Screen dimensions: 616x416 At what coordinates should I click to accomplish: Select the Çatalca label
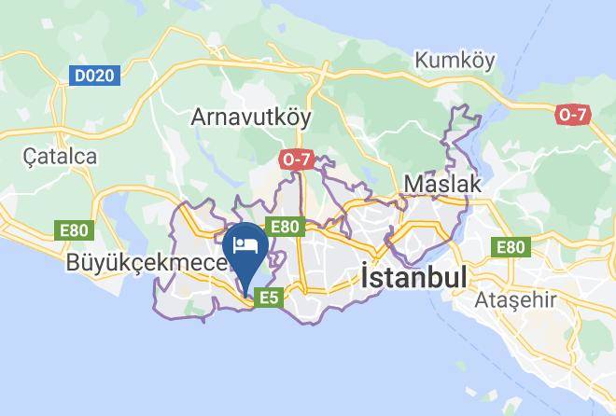pyautogui.click(x=61, y=156)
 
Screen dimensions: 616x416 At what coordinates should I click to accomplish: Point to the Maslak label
pyautogui.click(x=444, y=185)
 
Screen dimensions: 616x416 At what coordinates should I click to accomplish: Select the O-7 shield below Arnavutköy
pyautogui.click(x=295, y=159)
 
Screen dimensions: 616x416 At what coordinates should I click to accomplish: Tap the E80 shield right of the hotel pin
pyautogui.click(x=285, y=226)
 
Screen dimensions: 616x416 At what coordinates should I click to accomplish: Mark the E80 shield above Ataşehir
pyautogui.click(x=511, y=247)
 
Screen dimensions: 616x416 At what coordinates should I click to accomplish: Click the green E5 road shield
pyautogui.click(x=269, y=298)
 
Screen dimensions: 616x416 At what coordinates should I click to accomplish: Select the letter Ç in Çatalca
pyautogui.click(x=32, y=156)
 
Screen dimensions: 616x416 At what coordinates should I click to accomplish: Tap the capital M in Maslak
pyautogui.click(x=413, y=185)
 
